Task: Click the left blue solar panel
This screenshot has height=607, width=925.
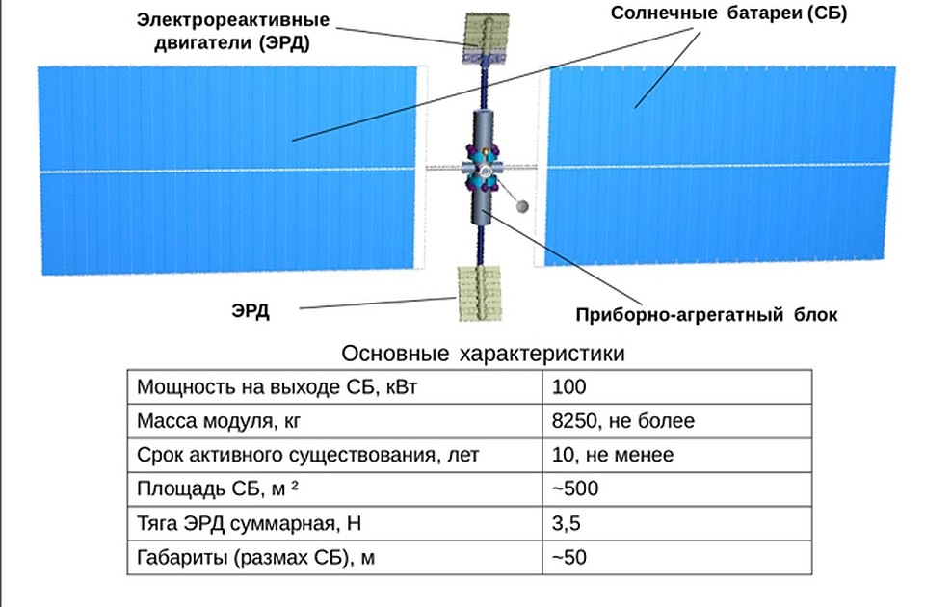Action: tap(227, 170)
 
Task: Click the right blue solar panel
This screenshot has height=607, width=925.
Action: tap(720, 165)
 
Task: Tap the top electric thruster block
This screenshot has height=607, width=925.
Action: tap(486, 38)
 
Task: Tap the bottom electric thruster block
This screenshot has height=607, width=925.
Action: tap(480, 293)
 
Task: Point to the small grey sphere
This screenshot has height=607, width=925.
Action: tap(521, 206)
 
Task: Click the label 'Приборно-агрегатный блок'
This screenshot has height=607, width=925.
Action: tap(706, 315)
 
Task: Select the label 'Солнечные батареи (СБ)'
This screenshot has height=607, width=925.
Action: tap(728, 13)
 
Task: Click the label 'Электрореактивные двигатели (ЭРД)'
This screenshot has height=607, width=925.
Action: tap(232, 31)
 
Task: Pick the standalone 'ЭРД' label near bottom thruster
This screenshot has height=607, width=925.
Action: tap(251, 310)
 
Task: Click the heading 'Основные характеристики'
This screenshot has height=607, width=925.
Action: tap(483, 354)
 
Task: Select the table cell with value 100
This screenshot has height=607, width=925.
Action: tap(676, 387)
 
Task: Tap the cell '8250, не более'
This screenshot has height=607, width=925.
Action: tap(676, 421)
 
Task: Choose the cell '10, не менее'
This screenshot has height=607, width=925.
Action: tap(676, 455)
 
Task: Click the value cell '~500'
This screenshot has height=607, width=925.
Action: tap(676, 489)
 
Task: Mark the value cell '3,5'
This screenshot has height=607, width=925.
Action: tap(676, 523)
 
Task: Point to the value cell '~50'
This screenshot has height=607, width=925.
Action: tap(676, 558)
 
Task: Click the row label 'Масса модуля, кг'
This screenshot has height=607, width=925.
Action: tap(219, 421)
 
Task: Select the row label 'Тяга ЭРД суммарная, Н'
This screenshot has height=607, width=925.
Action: tap(249, 523)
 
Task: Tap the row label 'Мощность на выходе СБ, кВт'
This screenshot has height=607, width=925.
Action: tap(277, 387)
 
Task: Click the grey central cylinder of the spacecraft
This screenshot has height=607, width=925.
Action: tap(482, 167)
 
